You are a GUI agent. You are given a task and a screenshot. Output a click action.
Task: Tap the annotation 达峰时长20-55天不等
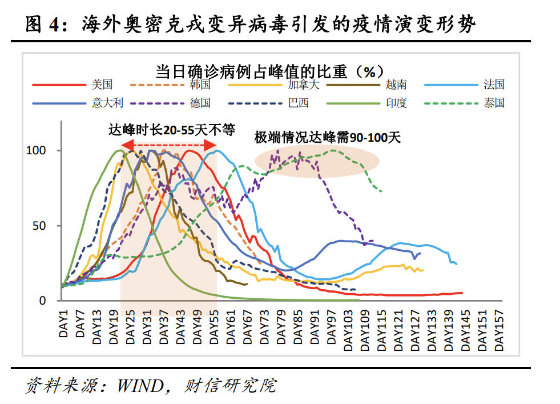[x=171, y=130]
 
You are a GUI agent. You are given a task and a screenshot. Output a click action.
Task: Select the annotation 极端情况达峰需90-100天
[x=328, y=137]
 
